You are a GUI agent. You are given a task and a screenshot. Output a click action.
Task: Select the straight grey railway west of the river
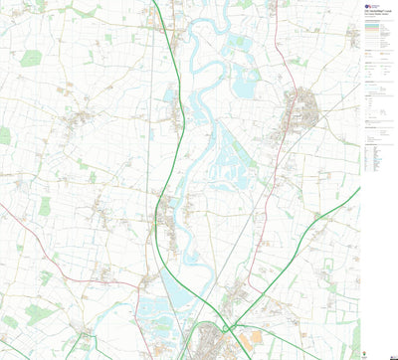[149, 149]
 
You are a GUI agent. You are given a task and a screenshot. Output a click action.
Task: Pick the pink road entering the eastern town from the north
[284, 60]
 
